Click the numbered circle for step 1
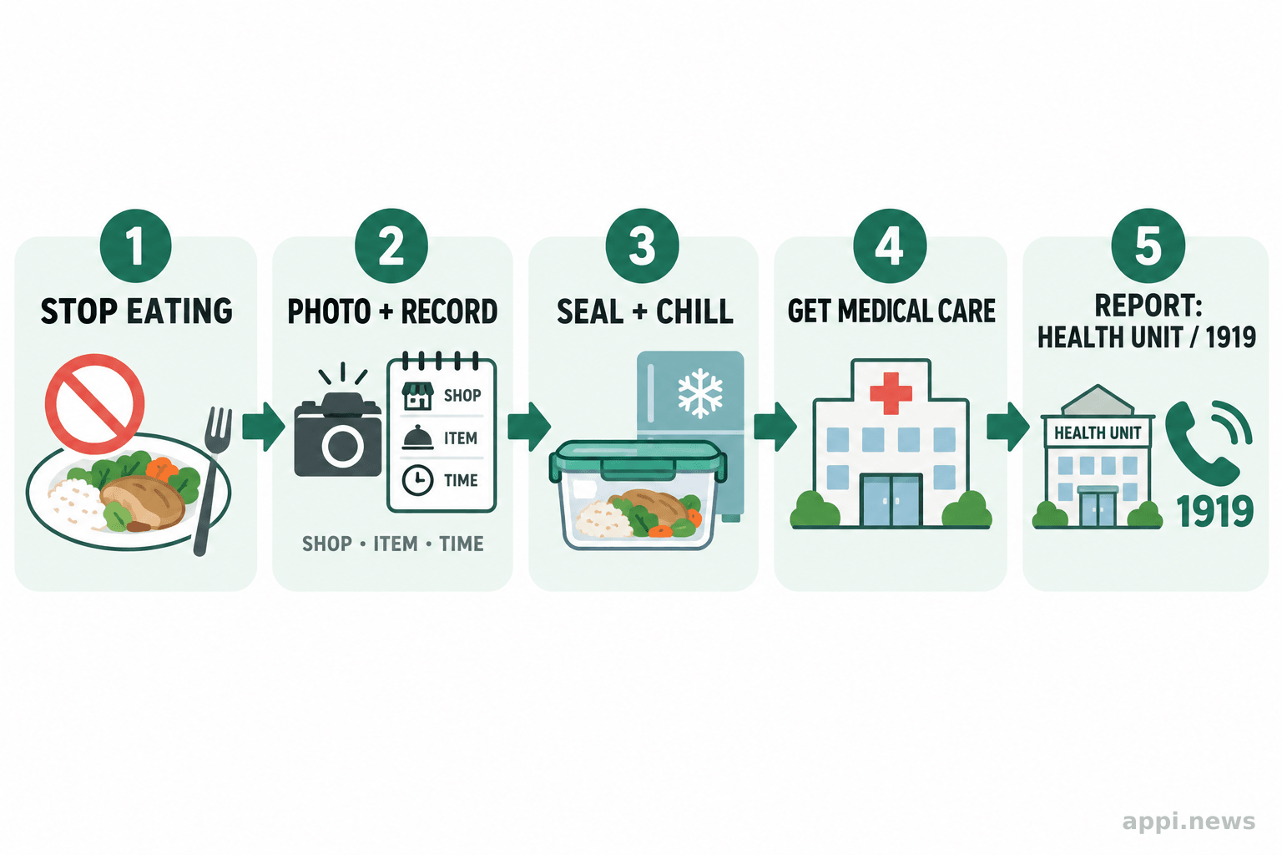(136, 245)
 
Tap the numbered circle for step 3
(642, 245)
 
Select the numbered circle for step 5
(1148, 245)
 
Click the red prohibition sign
(94, 403)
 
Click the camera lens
(342, 446)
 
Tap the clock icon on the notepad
(417, 480)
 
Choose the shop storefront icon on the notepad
(417, 396)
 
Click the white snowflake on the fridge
(700, 393)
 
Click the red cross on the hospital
(891, 393)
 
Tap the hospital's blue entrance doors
(891, 500)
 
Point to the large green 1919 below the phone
(1215, 511)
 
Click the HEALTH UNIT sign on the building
(1098, 433)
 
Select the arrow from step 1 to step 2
(264, 426)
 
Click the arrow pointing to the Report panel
(1008, 426)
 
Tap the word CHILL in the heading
(694, 311)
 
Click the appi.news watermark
(1189, 822)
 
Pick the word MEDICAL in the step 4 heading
(885, 311)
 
